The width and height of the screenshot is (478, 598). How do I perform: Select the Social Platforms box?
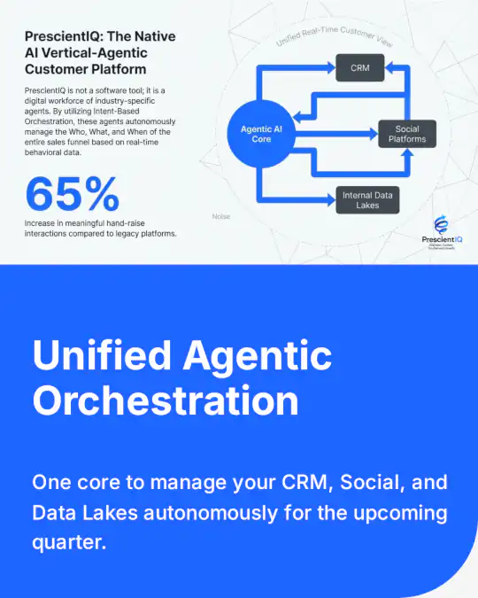(407, 134)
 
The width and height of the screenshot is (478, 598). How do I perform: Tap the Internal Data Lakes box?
(367, 198)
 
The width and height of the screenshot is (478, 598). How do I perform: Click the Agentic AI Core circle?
(261, 135)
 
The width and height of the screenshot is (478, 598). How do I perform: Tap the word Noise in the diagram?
(221, 216)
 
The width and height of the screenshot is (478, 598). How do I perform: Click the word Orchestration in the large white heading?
(166, 400)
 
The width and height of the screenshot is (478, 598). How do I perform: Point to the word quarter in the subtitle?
(69, 542)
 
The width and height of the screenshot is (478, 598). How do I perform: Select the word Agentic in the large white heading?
(258, 357)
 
